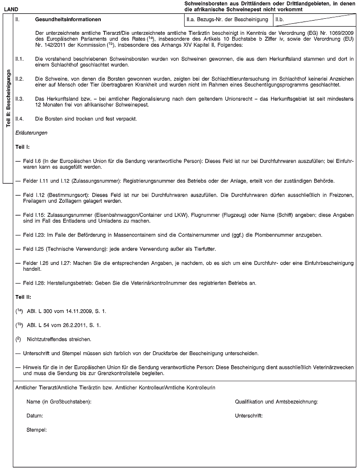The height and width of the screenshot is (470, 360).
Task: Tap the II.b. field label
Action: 279,21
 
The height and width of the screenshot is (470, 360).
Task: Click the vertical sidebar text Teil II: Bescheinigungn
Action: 8,98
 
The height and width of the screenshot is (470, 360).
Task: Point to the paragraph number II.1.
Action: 19,59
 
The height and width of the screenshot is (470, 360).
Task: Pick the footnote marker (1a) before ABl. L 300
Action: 20,312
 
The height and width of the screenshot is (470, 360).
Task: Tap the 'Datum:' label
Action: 35,416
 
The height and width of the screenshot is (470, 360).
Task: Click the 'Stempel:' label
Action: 37,430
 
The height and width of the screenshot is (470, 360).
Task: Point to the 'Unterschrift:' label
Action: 249,416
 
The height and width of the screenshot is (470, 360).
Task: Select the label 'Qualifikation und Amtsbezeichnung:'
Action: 277,402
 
